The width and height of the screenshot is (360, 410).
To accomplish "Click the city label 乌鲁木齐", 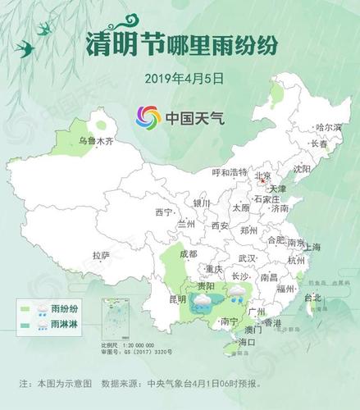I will point(95,142).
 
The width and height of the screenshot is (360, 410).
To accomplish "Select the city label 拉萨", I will point(101,255).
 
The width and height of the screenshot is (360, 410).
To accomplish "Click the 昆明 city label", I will point(177,299).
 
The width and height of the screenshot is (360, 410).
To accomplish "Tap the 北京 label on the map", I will point(263,175).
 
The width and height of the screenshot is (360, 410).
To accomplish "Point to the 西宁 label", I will point(163,212).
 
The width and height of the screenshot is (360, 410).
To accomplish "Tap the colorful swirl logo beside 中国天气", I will point(148,117).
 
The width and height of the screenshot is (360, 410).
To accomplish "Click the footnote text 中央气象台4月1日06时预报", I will point(194,384).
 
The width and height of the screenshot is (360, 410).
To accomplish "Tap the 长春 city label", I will point(319,144).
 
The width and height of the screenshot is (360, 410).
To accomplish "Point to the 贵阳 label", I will point(205,286).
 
